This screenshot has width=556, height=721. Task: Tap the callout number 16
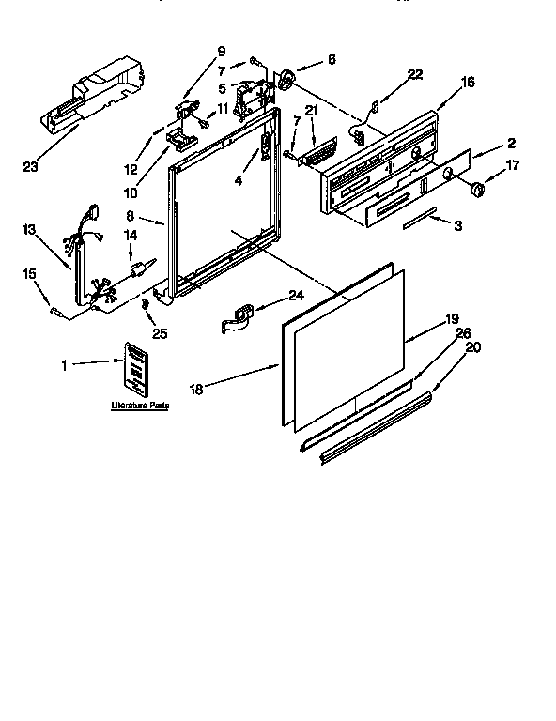click(468, 84)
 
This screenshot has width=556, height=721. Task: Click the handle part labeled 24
click(239, 317)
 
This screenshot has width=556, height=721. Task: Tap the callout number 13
click(30, 229)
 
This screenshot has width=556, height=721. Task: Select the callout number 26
click(462, 332)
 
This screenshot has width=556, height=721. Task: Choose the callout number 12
click(131, 169)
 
